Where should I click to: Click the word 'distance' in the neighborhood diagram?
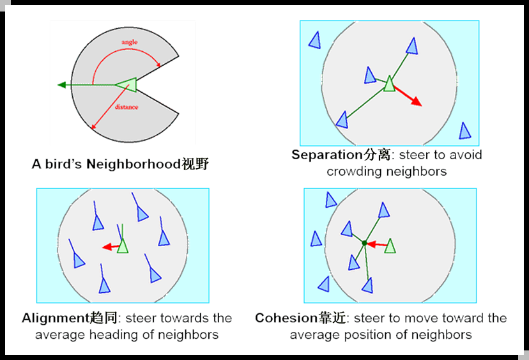[126, 107]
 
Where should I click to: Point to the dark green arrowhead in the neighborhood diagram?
[61, 84]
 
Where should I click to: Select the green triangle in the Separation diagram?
[389, 83]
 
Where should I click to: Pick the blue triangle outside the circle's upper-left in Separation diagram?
[314, 40]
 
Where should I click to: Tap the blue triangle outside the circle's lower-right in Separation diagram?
[464, 130]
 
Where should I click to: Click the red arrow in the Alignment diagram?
[111, 246]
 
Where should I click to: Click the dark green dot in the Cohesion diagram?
[364, 243]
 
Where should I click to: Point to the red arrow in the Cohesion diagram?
[376, 244]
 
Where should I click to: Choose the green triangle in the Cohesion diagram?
[390, 245]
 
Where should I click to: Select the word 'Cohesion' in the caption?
[284, 318]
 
